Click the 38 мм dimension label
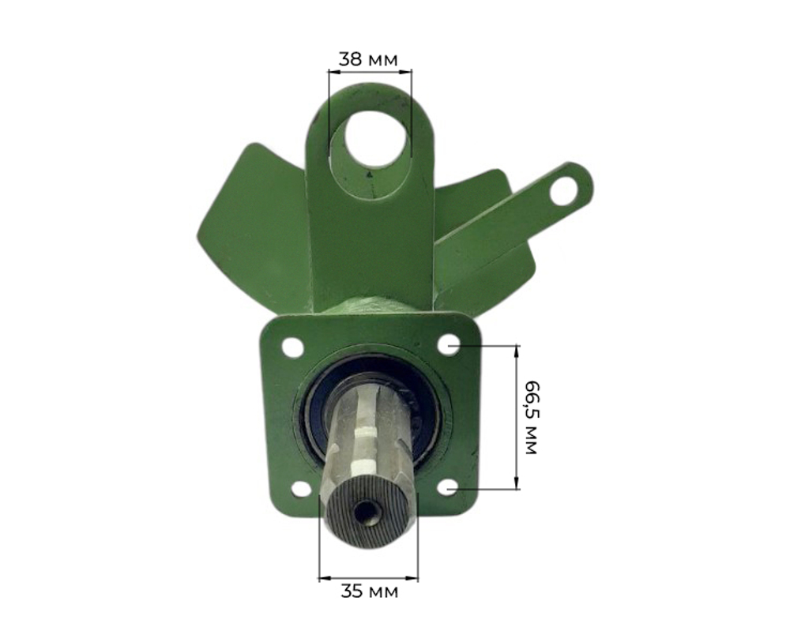[368, 59]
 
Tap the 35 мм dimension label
[369, 592]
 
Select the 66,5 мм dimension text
[532, 418]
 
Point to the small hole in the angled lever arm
[564, 192]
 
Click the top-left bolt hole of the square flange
[293, 347]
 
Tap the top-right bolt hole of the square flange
[447, 345]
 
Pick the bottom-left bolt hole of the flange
[301, 489]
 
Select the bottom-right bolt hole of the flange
[448, 487]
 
